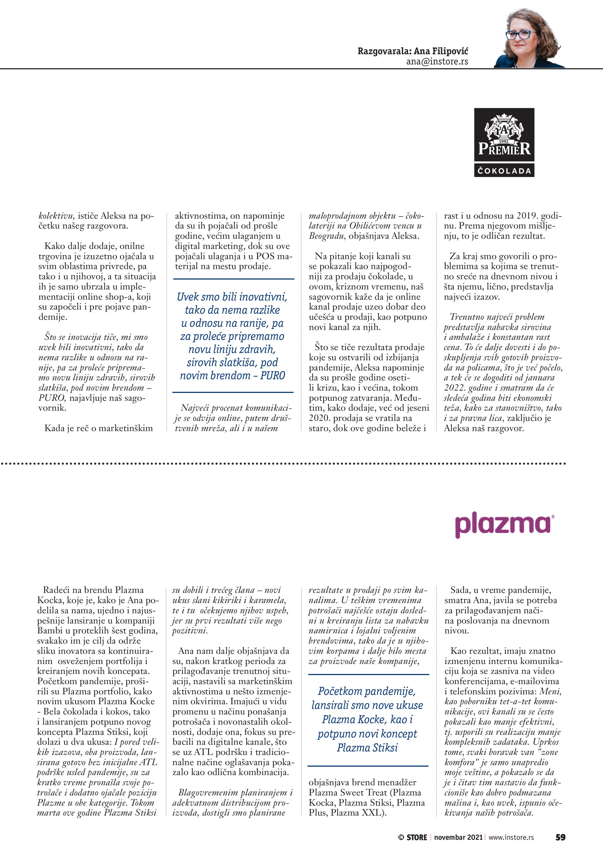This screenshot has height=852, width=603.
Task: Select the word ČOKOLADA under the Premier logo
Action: pos(504,171)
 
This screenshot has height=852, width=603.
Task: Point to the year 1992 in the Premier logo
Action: pos(504,141)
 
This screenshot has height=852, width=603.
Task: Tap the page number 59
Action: pos(560,837)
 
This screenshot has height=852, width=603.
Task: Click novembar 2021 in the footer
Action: pos(458,837)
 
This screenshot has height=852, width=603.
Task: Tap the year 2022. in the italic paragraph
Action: pos(455,388)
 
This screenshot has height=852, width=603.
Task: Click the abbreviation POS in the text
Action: pos(266,256)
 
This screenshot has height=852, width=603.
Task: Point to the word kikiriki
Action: pos(229,600)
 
